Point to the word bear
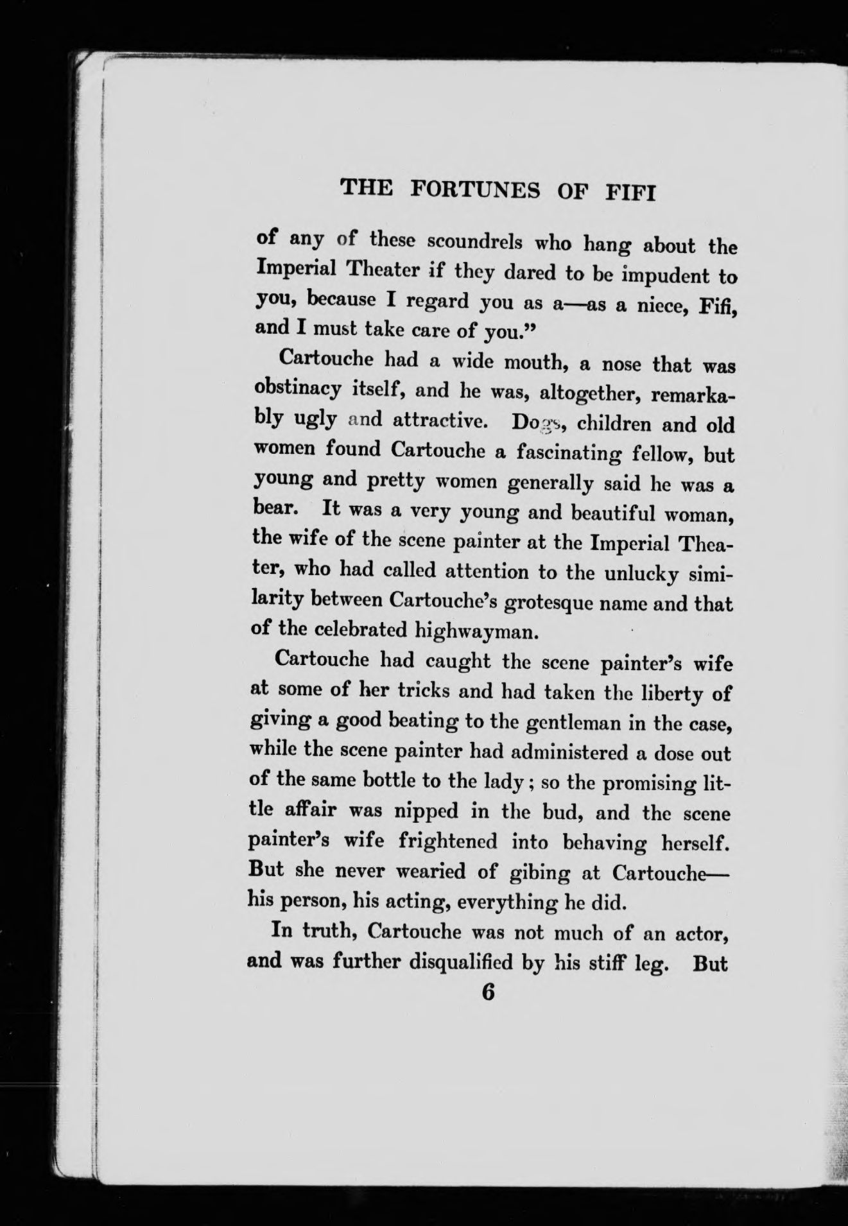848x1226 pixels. (x=273, y=511)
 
